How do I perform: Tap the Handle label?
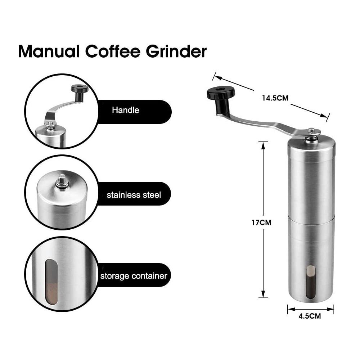(x=125, y=110)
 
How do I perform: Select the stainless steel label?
(x=134, y=195)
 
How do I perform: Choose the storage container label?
(x=134, y=276)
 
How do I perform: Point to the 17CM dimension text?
(x=261, y=222)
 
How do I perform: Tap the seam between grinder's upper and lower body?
(x=311, y=215)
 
